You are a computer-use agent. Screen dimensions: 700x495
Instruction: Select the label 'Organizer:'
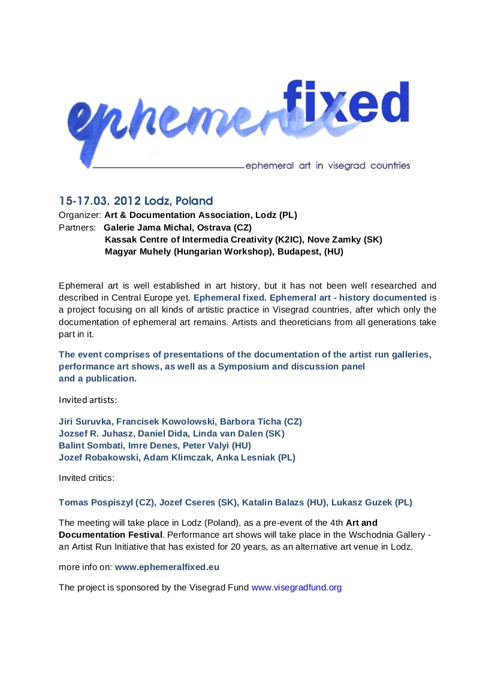[80, 214]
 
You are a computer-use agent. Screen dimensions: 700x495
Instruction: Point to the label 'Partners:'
[77, 227]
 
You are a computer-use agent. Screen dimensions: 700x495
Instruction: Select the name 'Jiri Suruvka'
[84, 422]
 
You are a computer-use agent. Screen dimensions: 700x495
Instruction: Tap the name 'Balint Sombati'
[87, 446]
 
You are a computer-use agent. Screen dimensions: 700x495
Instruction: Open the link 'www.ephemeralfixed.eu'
[163, 566]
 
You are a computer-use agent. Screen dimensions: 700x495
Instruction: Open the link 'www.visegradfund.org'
[297, 587]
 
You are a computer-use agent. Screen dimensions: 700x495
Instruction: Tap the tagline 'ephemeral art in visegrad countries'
[328, 165]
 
